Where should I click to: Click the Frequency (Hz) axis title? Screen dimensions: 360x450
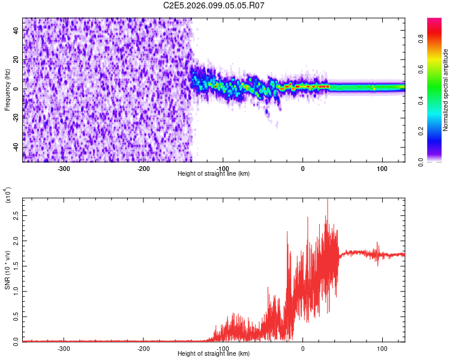[x=8, y=89]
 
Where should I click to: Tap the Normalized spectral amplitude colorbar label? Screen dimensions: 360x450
[x=446, y=89]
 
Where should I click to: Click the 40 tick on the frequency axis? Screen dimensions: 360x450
[x=16, y=30]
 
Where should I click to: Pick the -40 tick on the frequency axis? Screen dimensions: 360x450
[x=14, y=147]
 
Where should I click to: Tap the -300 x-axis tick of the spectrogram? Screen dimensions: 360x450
[x=64, y=168]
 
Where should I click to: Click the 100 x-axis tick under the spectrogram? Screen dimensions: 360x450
[x=382, y=168]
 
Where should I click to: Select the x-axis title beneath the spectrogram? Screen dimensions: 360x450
[x=214, y=174]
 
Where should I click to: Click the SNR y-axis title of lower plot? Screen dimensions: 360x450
[x=8, y=269]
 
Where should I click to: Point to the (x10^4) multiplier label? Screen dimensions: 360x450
[x=8, y=196]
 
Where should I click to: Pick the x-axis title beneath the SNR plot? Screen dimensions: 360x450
[x=214, y=354]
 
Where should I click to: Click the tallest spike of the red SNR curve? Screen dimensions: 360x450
[x=327, y=200]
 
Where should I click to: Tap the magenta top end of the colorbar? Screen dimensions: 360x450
[x=434, y=21]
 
